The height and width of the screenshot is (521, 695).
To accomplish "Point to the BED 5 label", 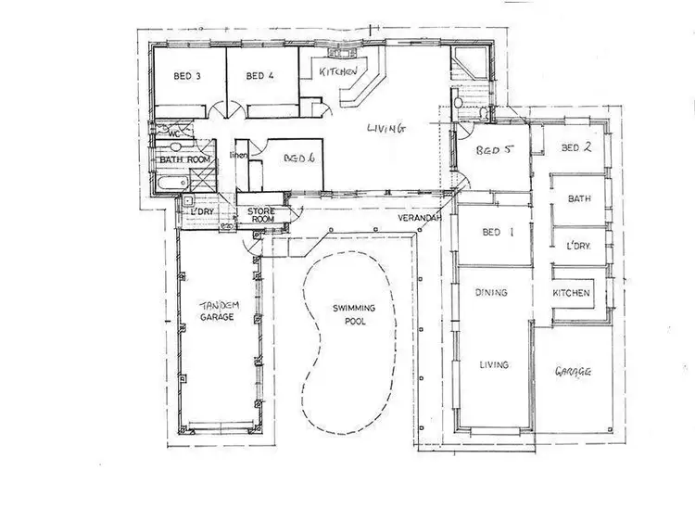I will tap(494, 150).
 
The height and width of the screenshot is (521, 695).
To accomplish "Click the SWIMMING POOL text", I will tap(349, 315).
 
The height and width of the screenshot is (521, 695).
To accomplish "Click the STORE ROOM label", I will tap(262, 215).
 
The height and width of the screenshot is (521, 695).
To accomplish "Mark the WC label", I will tap(173, 133).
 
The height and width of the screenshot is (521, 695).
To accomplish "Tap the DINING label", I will tap(491, 293).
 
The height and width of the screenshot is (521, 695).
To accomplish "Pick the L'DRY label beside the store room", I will tap(202, 212).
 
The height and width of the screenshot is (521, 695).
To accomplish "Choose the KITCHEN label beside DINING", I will tap(572, 293).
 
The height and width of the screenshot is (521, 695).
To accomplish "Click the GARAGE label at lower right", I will tap(574, 372).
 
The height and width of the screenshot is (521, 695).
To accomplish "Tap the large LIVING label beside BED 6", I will tap(385, 129).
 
